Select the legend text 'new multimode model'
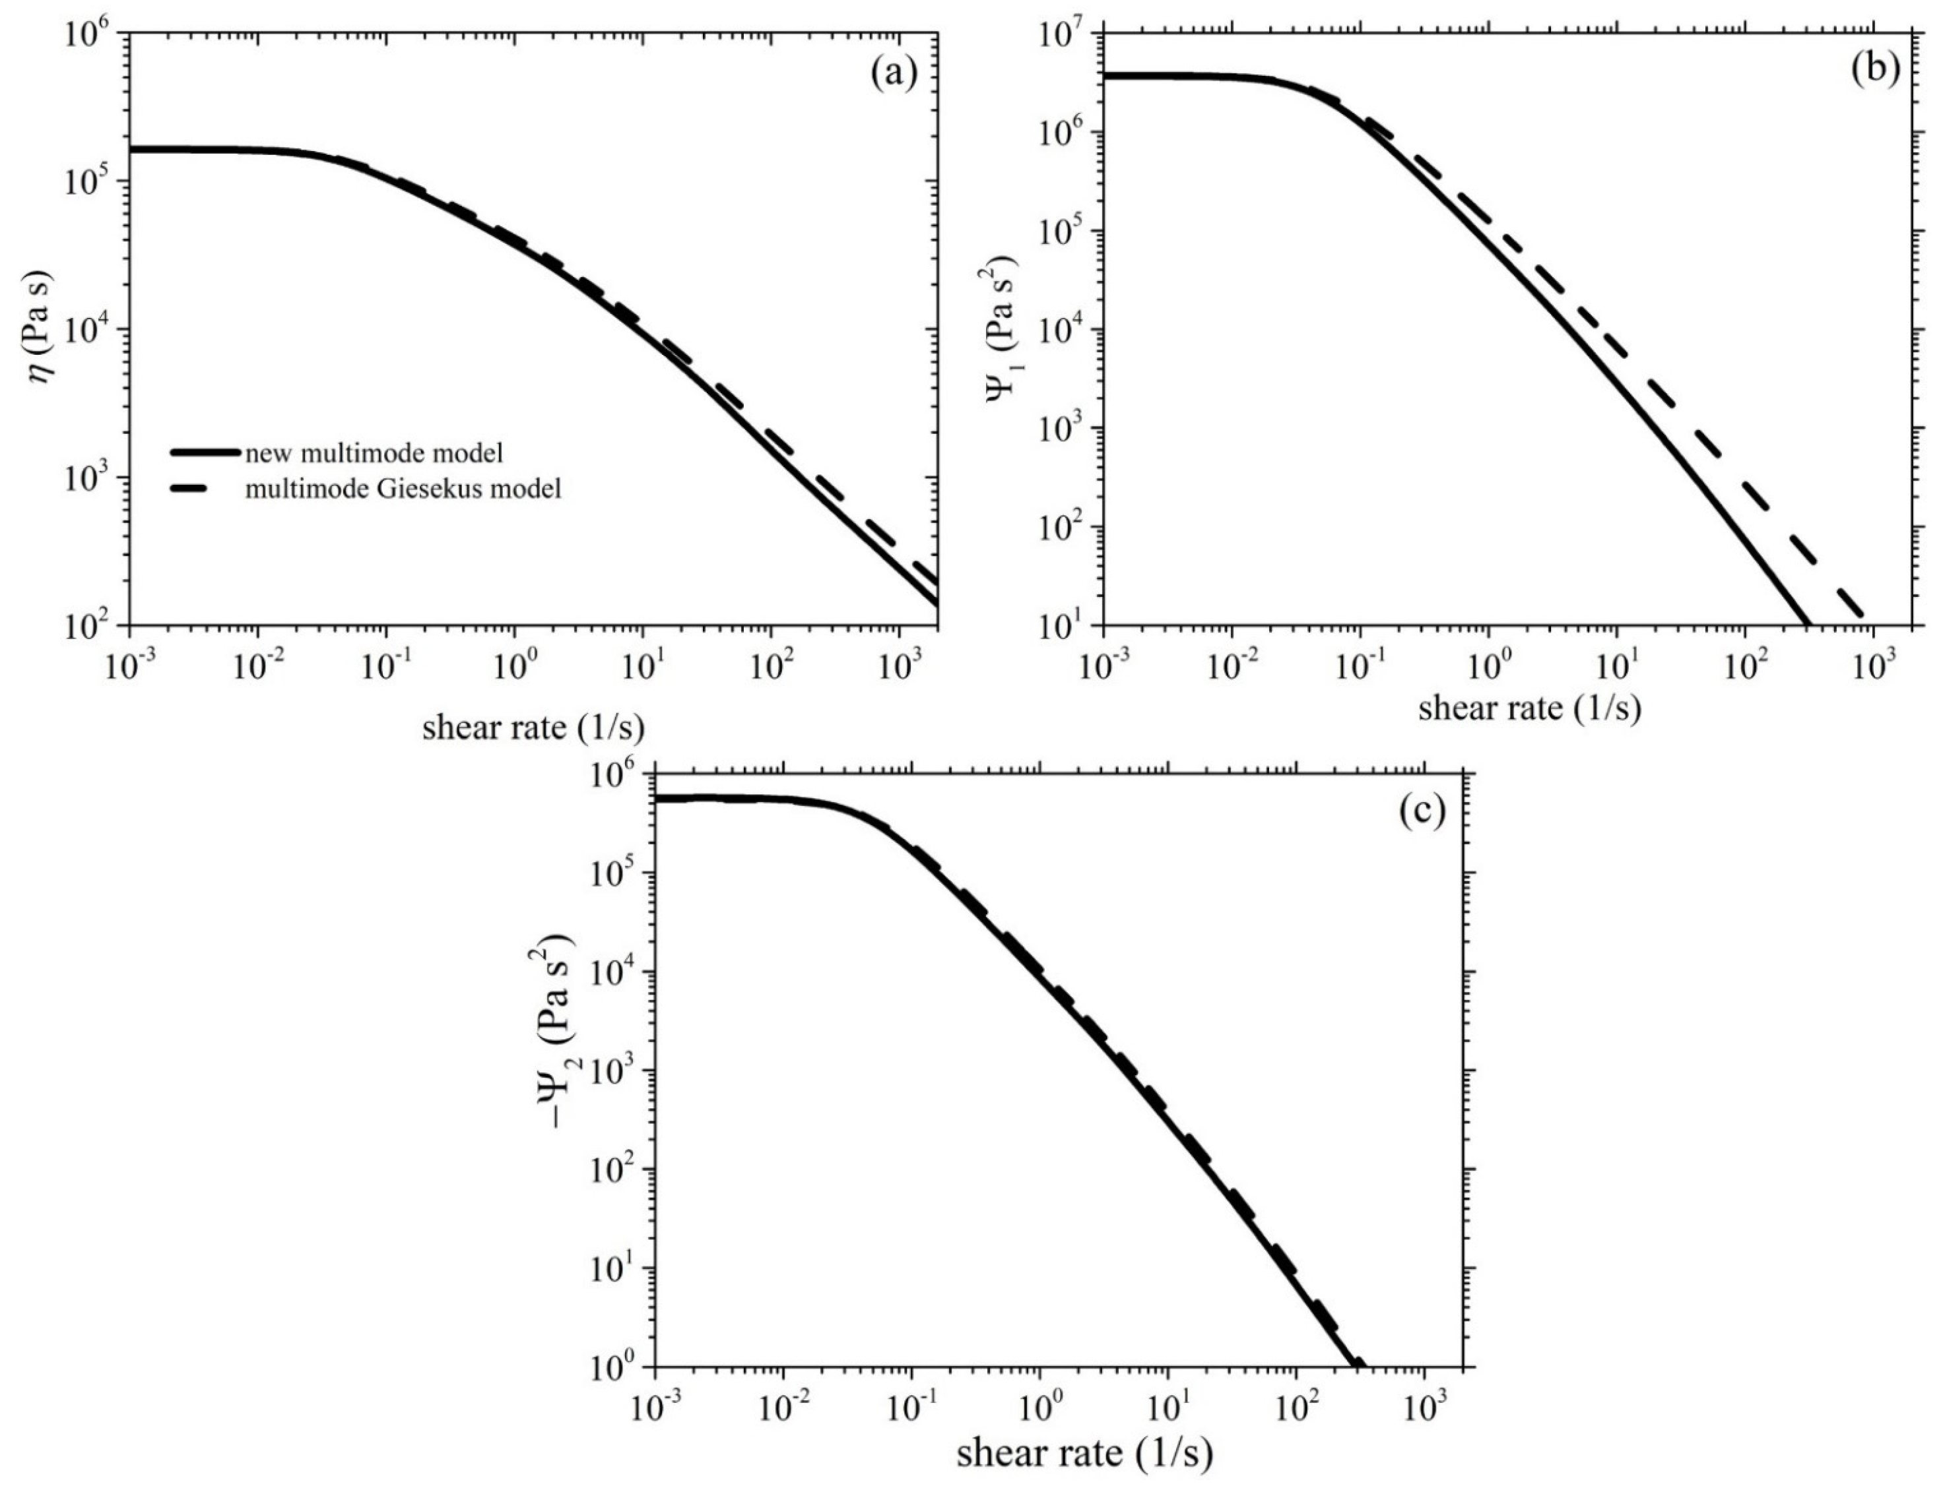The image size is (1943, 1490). [374, 453]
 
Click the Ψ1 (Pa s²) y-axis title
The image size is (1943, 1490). [1002, 331]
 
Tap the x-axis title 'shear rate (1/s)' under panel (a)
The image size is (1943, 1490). [533, 728]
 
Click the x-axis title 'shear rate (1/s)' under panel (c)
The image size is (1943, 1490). [1084, 1453]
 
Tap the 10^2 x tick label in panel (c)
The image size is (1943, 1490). [1296, 1405]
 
